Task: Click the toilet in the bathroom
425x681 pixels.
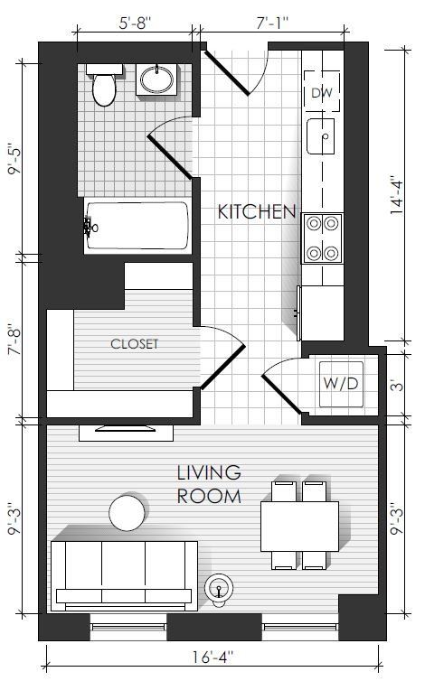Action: [104, 85]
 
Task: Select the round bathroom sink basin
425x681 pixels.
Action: [156, 79]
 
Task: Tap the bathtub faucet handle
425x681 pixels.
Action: [90, 227]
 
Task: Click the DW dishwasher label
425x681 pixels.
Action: [322, 92]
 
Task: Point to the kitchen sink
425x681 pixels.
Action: [321, 136]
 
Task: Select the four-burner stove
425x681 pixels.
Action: [322, 238]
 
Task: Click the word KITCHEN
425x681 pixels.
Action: [257, 211]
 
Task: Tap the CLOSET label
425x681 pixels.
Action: [135, 344]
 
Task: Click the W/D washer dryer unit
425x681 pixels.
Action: [341, 384]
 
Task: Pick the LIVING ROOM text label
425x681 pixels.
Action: [209, 484]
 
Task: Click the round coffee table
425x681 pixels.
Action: [127, 512]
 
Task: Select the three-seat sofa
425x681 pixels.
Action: [124, 576]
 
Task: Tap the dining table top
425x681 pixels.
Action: [299, 527]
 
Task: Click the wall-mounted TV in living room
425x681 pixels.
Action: [126, 429]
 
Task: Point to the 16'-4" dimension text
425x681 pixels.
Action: [213, 657]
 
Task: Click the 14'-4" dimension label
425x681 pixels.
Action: [397, 195]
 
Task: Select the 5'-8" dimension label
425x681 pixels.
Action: [135, 23]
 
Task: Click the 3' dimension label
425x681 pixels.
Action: [397, 386]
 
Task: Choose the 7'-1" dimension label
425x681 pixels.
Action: [273, 23]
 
